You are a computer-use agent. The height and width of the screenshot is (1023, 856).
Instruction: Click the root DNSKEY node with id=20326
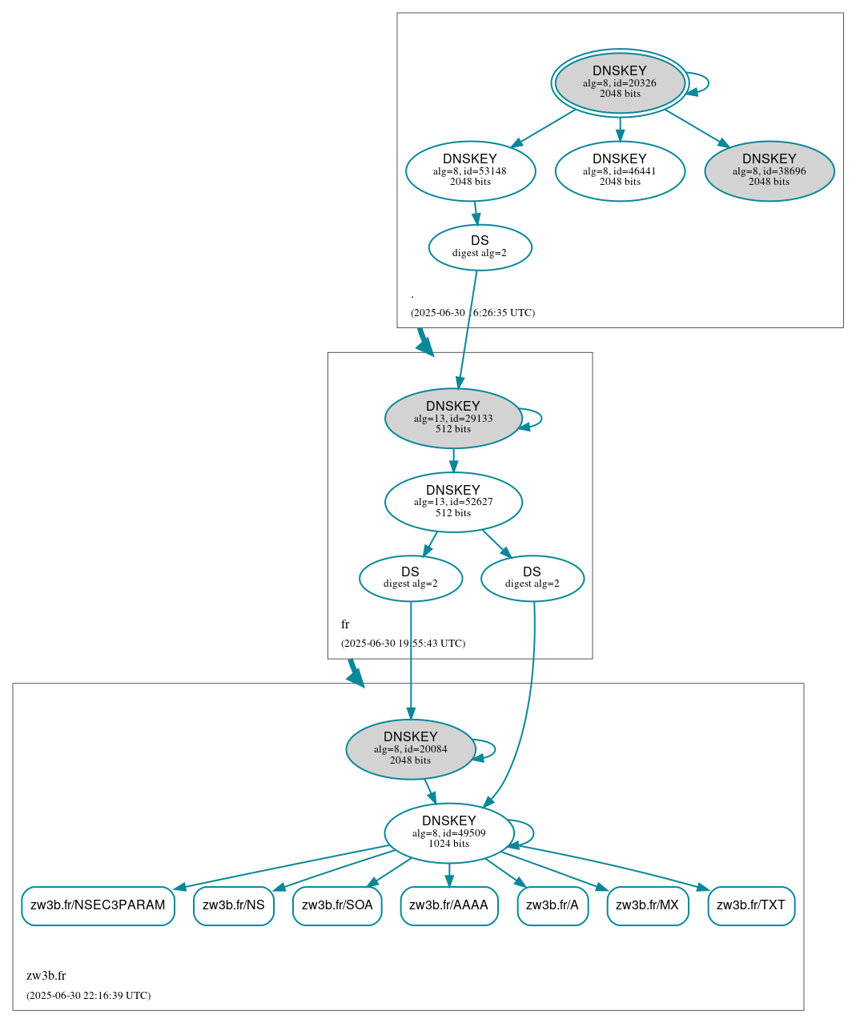pos(620,82)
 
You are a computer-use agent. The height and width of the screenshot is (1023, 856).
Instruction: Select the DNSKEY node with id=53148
pos(470,170)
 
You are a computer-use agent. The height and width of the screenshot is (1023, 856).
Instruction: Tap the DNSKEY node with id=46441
pos(620,170)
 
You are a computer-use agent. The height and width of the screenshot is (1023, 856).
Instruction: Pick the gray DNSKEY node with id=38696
pos(769,170)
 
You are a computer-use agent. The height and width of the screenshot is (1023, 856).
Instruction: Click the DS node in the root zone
pos(480,247)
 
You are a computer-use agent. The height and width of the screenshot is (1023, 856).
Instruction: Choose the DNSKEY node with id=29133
pos(453,418)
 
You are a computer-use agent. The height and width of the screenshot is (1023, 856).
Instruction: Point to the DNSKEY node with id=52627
pos(453,502)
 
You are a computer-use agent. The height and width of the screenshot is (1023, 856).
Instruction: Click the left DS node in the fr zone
pos(411,578)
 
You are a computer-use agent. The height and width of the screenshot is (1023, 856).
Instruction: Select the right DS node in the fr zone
pos(532,578)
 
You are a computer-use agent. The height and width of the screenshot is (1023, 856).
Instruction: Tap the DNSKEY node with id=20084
pos(411,749)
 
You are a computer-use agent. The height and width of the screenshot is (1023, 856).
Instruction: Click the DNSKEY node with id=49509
pos(448,832)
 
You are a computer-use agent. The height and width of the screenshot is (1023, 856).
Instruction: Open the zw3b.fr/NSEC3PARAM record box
pos(98,905)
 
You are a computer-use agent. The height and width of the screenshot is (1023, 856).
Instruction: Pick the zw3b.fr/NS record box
pos(234,905)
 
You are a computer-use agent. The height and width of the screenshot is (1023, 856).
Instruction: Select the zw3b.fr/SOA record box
pos(337,905)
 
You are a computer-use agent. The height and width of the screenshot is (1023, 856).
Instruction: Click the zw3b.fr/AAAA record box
pos(448,905)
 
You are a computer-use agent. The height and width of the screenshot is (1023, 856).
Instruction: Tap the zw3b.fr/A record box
pos(553,905)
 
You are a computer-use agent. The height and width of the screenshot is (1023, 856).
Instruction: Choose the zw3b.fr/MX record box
pos(647,905)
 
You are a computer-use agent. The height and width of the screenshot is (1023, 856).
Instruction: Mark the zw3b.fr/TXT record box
pos(751,905)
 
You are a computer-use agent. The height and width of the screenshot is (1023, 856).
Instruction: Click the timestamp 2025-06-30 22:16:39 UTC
pos(88,996)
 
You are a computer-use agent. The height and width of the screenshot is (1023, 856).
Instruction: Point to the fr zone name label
pos(345,624)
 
